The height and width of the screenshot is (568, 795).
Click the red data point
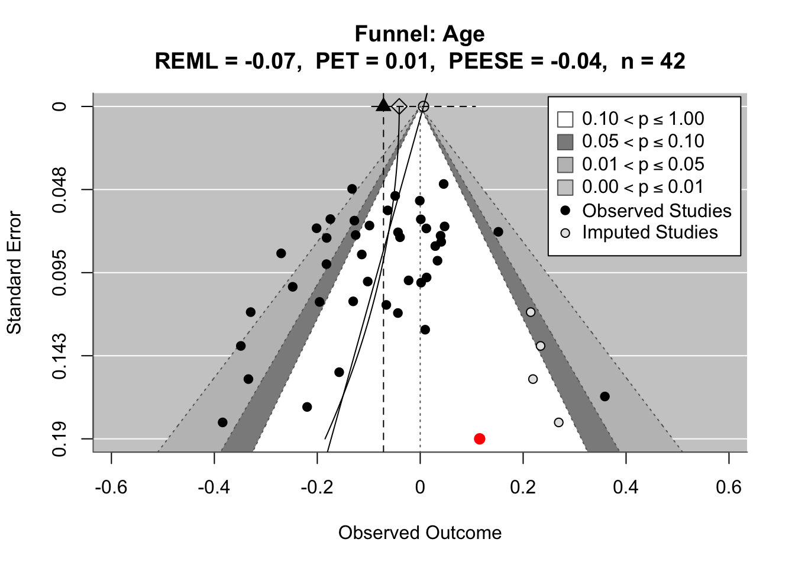coord(480,438)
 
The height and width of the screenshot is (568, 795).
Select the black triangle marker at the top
coord(383,105)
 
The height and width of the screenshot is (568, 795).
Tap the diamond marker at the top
coord(399,106)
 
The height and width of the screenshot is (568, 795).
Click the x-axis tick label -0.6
coord(111,487)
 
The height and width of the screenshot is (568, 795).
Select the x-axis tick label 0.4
coord(626,487)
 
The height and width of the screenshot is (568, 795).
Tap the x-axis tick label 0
coord(420,487)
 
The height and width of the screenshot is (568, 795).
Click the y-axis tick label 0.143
coord(60,356)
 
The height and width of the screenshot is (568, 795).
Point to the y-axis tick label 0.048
coord(60,189)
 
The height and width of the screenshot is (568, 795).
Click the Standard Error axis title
coord(14,273)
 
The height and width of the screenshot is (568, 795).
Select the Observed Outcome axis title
coord(420,532)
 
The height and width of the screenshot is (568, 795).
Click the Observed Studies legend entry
coord(657,211)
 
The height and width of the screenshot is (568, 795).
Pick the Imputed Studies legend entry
coord(649,233)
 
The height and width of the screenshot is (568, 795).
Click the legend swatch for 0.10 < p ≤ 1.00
coord(565,119)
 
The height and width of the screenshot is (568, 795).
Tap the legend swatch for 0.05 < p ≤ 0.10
coord(565,142)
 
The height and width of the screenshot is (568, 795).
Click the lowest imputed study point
coord(559,422)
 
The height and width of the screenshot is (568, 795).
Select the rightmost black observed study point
coord(605,396)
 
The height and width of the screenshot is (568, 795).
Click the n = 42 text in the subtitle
coord(653,61)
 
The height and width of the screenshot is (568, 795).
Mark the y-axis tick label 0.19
coord(60,439)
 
